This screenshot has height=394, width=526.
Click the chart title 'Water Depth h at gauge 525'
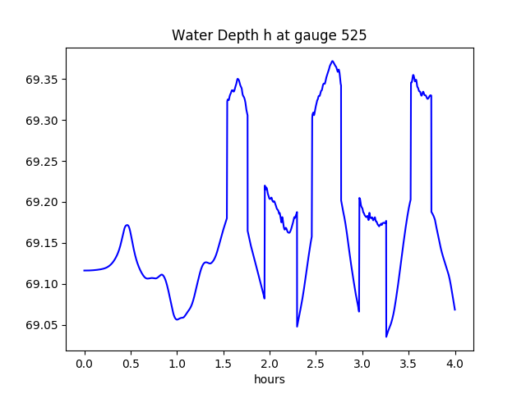click(x=269, y=35)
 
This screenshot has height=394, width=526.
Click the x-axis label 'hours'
click(x=270, y=380)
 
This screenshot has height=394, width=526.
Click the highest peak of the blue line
click(x=332, y=61)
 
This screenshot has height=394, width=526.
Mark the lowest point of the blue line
click(x=386, y=337)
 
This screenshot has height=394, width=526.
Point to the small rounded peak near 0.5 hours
click(x=127, y=225)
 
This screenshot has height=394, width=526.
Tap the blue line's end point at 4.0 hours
click(x=454, y=309)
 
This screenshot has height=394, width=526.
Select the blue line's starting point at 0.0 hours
click(x=84, y=270)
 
